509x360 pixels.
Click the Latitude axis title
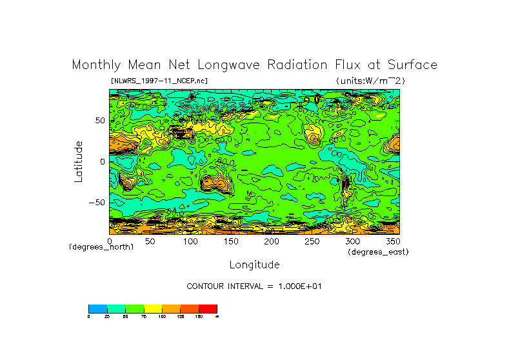click(79, 161)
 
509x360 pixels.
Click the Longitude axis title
click(254, 265)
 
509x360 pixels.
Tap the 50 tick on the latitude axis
click(99, 121)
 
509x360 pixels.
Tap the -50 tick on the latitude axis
click(97, 203)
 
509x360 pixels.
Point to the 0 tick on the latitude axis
click(102, 162)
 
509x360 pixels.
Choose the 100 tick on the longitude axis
click(190, 241)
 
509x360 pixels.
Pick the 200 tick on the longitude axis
click(271, 241)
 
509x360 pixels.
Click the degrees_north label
click(101, 248)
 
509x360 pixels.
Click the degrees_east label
click(378, 252)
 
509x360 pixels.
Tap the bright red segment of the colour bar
click(208, 308)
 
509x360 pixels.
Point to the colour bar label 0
click(89, 316)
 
